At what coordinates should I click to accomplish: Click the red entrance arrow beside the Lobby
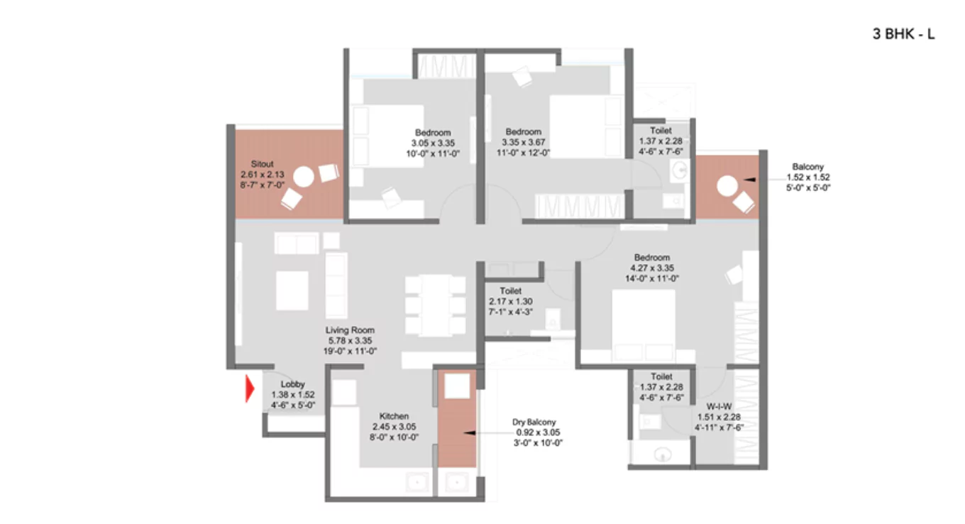[249, 389]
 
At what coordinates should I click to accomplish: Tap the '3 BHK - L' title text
[903, 33]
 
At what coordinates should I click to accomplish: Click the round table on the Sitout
[304, 177]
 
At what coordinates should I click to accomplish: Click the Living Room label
[350, 330]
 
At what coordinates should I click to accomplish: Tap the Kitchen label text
[394, 416]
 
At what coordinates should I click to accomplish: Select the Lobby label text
[292, 385]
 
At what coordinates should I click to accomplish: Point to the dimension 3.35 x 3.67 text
[523, 142]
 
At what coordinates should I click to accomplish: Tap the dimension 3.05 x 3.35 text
[433, 143]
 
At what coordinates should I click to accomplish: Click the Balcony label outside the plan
[808, 167]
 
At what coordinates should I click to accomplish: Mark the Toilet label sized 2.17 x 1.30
[510, 291]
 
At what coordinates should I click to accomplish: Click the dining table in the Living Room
[435, 305]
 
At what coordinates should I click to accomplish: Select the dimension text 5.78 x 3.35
[350, 340]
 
